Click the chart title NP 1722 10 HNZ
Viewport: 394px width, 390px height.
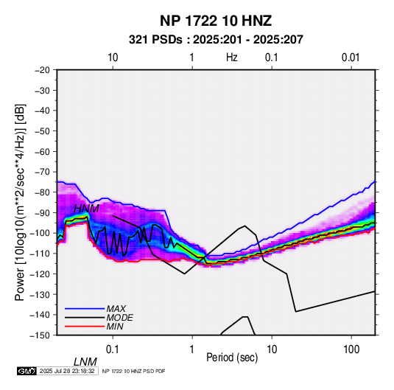(216, 21)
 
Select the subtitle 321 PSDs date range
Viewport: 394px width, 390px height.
(216, 40)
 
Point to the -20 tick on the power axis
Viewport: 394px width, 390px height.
(42, 70)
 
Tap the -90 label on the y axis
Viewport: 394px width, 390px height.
(42, 212)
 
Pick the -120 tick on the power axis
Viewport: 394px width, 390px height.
(40, 274)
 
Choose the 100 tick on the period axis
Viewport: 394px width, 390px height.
(351, 349)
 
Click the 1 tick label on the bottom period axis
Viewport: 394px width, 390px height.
(192, 349)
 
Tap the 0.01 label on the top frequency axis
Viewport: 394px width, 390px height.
(351, 58)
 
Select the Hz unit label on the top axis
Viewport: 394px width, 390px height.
(232, 58)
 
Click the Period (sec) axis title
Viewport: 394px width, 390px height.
(232, 358)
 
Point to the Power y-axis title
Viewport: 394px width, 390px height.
(20, 203)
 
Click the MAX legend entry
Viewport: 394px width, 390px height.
(116, 308)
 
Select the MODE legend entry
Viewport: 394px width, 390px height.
(119, 318)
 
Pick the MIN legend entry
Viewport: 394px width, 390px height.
(115, 327)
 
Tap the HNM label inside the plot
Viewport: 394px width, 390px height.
(86, 209)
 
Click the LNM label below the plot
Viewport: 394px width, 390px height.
(85, 362)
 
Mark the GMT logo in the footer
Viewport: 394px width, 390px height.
(27, 371)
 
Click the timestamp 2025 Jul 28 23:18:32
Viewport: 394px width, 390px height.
(67, 371)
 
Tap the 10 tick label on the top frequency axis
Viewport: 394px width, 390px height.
(113, 58)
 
